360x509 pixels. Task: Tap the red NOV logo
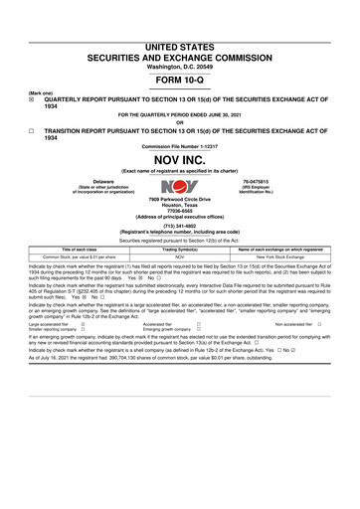tap(180, 186)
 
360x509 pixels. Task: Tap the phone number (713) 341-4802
tap(180, 224)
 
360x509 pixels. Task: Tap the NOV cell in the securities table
tap(181, 255)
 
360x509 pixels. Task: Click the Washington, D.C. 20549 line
tap(180, 66)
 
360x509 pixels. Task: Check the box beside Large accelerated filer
tap(83, 324)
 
